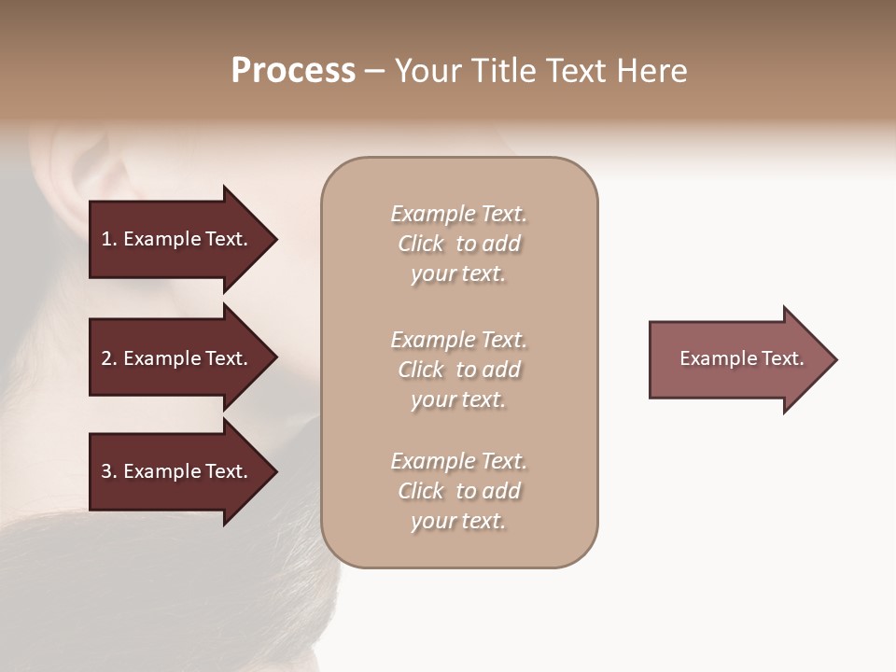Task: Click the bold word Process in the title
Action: click(293, 71)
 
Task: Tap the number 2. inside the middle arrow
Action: click(108, 358)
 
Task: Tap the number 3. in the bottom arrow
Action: click(108, 471)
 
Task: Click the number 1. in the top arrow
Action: click(108, 239)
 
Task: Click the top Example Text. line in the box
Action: click(458, 214)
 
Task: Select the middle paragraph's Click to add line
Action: click(458, 370)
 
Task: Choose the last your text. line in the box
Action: click(458, 521)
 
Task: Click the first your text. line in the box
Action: click(458, 273)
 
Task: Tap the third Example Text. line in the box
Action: click(458, 461)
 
